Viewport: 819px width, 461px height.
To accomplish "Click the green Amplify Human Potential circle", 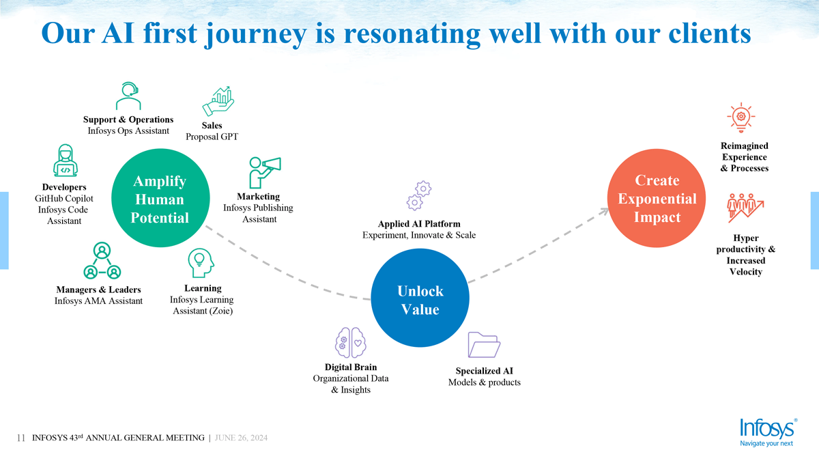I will click(x=159, y=199).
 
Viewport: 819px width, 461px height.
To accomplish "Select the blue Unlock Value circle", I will click(x=420, y=300).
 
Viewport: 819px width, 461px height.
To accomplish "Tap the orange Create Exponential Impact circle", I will click(x=657, y=199).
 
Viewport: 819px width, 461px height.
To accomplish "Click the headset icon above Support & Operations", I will click(x=128, y=96).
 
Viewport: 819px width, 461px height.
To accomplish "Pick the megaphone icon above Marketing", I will click(x=264, y=171).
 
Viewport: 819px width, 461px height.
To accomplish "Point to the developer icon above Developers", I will click(x=65, y=161).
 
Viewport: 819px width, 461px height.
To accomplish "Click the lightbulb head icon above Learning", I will click(x=200, y=263).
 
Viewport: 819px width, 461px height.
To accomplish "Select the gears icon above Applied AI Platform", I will click(x=418, y=195).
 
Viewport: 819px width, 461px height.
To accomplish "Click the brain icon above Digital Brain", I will click(x=351, y=343).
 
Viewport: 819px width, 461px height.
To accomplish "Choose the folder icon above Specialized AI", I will click(x=483, y=345).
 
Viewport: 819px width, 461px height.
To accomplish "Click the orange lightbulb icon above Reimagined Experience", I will click(x=741, y=117).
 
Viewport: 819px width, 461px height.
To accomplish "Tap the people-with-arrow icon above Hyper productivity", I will click(x=745, y=206).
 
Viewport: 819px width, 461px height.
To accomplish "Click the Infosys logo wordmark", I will click(x=767, y=428).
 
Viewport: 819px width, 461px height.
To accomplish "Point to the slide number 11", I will click(x=20, y=438).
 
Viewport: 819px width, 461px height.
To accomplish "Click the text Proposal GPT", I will click(x=212, y=137).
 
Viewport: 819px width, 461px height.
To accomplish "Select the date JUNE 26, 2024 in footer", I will click(x=241, y=438).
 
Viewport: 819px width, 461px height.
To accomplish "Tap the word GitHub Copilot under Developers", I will click(x=64, y=199).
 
